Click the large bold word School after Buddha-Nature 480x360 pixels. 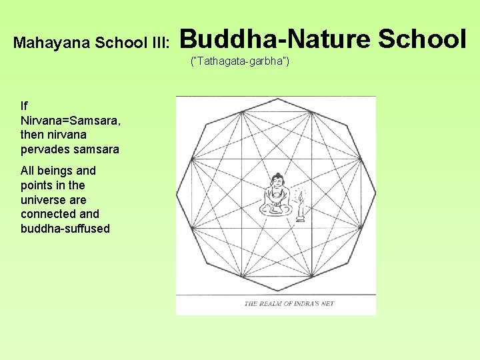pyautogui.click(x=423, y=39)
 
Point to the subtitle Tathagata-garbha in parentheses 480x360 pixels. pyautogui.click(x=240, y=62)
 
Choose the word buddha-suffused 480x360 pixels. pyautogui.click(x=65, y=229)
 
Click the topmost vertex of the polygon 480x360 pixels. pyautogui.click(x=276, y=98)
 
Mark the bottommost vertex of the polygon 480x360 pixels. pyautogui.click(x=276, y=291)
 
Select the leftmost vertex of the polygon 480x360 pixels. pyautogui.click(x=177, y=194)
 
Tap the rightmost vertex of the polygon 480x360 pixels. pyautogui.click(x=375, y=194)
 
